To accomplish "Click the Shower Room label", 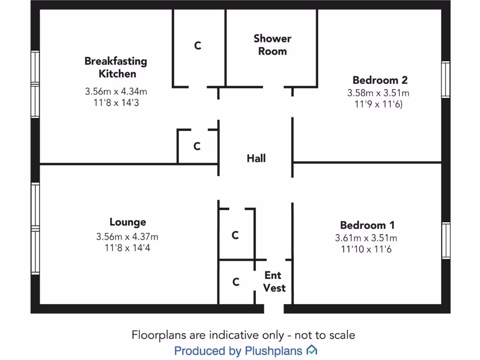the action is click(x=272, y=45).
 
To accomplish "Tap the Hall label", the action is click(x=256, y=158).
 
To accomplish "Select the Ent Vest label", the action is click(x=274, y=282).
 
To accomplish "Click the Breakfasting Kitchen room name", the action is click(x=116, y=67).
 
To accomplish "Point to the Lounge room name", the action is click(x=127, y=222).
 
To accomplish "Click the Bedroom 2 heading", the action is click(x=380, y=80).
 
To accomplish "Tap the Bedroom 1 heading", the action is click(x=367, y=225).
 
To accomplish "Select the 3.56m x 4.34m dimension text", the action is click(x=116, y=91).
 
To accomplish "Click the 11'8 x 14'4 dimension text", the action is click(x=127, y=247).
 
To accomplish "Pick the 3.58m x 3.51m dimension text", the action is click(x=378, y=93).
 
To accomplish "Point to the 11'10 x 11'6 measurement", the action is click(x=366, y=249).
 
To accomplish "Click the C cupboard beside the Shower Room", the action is click(x=198, y=45).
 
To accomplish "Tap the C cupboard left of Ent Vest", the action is click(x=236, y=282).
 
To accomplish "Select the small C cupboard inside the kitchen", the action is click(x=197, y=146).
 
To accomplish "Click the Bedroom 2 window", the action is click(x=446, y=80).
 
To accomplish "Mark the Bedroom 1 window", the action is click(x=446, y=240).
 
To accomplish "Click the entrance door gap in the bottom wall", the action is click(x=274, y=308).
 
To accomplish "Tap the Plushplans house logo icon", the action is click(x=312, y=350).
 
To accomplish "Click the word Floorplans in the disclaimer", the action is click(x=159, y=335).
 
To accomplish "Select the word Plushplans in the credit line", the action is click(x=273, y=351).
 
